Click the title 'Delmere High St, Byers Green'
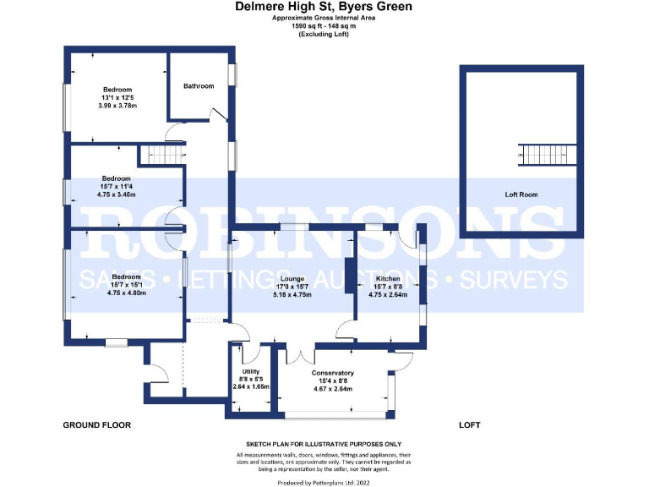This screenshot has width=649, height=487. (324, 7)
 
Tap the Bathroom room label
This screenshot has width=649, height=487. (199, 85)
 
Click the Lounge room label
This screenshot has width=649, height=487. (292, 277)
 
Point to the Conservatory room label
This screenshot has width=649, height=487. (332, 373)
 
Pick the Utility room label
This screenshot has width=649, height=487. (250, 371)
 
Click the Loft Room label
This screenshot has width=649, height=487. (521, 194)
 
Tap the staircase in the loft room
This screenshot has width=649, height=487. (537, 154)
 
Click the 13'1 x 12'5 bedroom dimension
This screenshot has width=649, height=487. (117, 97)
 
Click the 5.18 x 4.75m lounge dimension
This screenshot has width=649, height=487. (292, 294)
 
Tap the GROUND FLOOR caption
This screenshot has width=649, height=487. (97, 424)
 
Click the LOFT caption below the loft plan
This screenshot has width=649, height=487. (470, 424)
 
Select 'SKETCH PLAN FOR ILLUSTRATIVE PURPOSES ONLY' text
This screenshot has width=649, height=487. (324, 444)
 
